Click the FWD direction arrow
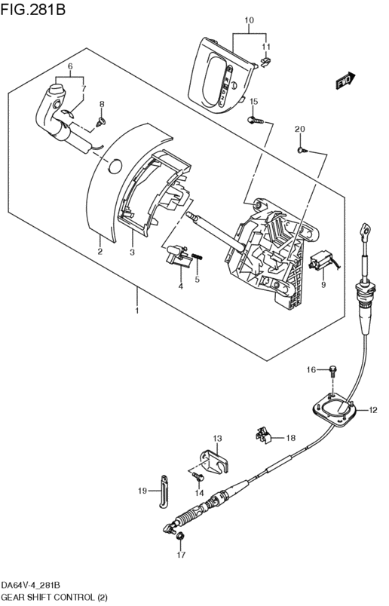point(345,81)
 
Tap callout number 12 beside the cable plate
point(372,410)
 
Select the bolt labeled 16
point(332,372)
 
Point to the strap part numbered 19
point(163,491)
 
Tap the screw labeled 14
point(198,476)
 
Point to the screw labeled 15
point(256,121)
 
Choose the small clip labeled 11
point(265,62)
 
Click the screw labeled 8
point(101,122)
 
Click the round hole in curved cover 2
point(114,166)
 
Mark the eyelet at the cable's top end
point(366,231)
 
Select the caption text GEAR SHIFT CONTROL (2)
point(54,597)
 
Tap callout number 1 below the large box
point(136,311)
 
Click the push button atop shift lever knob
point(57,88)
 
